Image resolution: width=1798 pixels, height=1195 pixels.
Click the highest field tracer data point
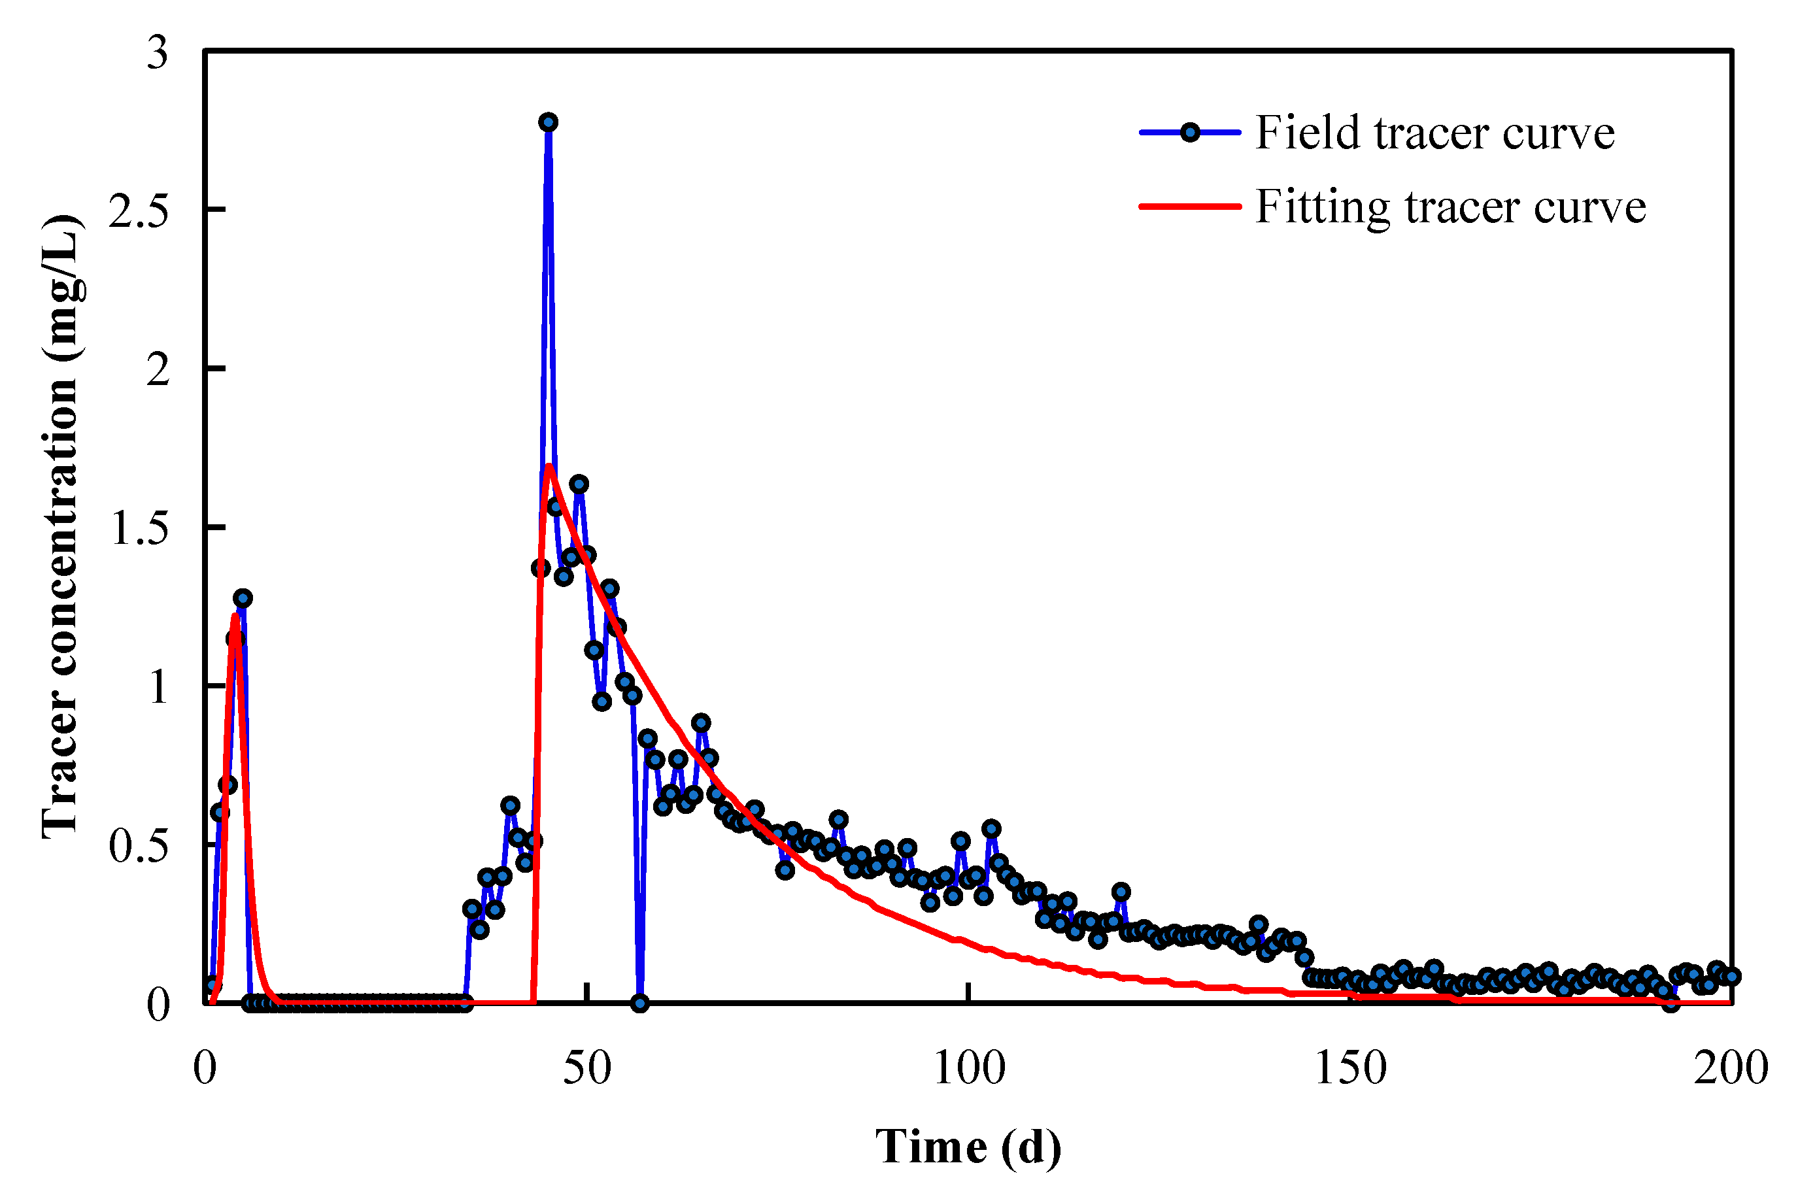coord(548,122)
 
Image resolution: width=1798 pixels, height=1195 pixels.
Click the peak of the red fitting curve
coord(548,465)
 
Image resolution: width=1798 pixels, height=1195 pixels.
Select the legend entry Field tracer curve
coord(1434,133)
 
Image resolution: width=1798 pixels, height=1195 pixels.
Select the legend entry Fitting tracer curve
coord(1450,206)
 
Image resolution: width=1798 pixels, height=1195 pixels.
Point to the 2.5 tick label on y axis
coord(139,210)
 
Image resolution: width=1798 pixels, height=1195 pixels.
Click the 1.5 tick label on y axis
coord(139,528)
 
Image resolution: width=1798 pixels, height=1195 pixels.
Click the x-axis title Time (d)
coord(968,1146)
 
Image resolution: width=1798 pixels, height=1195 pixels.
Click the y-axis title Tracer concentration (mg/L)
coord(61,526)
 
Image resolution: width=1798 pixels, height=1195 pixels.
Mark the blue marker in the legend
coord(1190,133)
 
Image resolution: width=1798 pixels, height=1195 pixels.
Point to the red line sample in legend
coord(1190,206)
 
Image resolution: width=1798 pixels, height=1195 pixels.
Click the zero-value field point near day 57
coord(640,1003)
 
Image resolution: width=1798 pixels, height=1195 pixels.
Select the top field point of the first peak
coord(243,598)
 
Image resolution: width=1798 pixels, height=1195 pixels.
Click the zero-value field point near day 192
coord(1670,1003)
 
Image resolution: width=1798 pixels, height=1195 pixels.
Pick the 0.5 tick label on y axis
coord(139,845)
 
